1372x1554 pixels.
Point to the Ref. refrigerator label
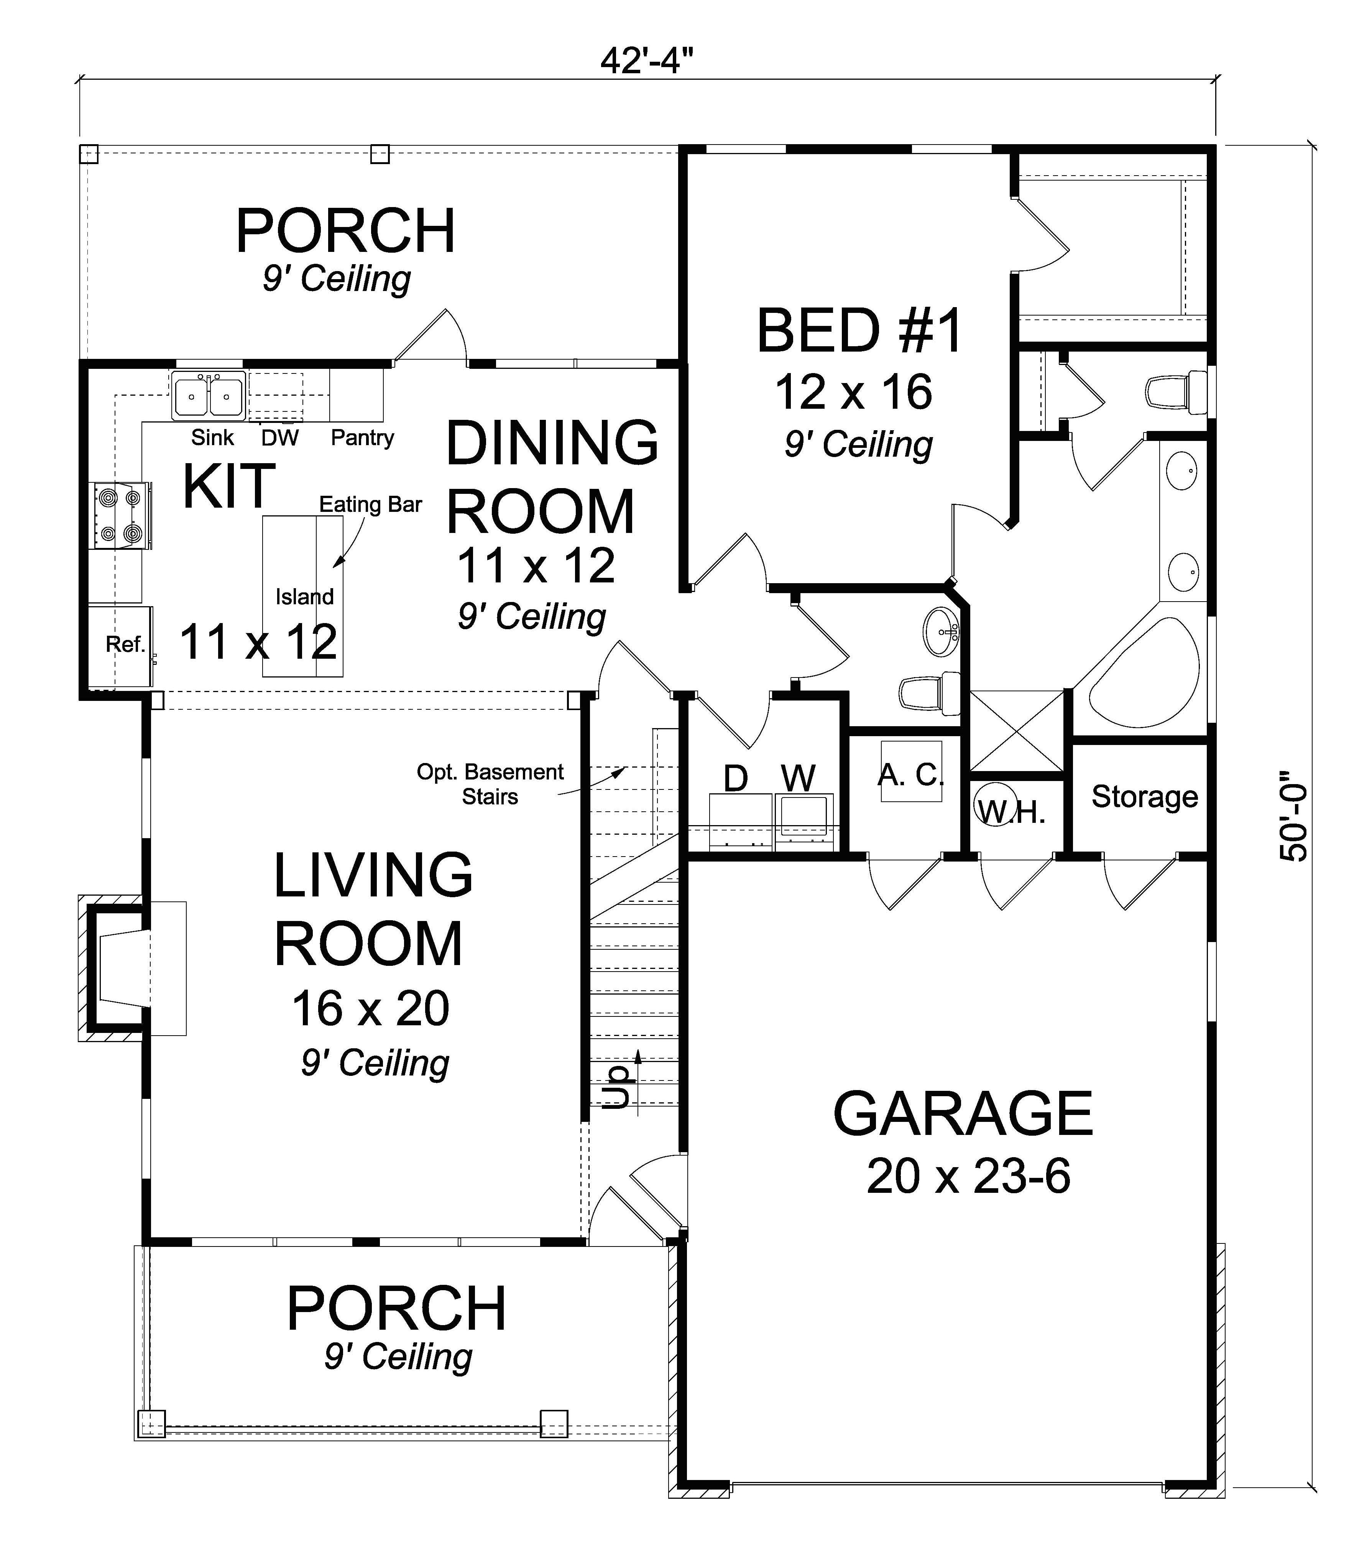click(125, 645)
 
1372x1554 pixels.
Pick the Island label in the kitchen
click(304, 597)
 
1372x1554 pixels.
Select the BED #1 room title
click(859, 332)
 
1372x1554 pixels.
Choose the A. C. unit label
click(910, 774)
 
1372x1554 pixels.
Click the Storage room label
click(1144, 796)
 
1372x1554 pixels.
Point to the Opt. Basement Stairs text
click(490, 784)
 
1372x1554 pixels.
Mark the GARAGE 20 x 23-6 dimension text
click(968, 1177)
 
